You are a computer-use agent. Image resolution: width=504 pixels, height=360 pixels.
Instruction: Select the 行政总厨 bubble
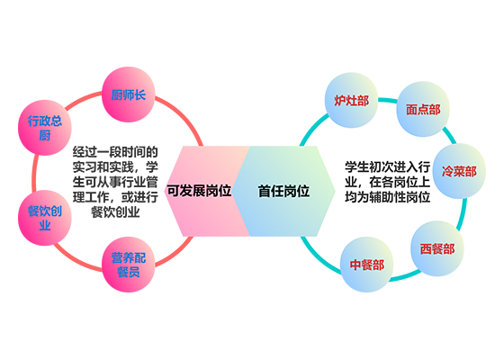45,128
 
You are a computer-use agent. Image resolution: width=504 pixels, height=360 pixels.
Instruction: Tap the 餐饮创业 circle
45,217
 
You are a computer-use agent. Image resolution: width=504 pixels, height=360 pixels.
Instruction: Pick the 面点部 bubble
423,110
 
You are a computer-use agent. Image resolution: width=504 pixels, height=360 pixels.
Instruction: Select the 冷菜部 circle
458,171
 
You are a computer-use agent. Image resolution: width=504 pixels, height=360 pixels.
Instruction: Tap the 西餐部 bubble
436,247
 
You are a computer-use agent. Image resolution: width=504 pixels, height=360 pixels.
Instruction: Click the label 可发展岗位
199,191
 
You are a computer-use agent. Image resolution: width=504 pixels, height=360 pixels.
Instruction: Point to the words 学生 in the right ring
358,168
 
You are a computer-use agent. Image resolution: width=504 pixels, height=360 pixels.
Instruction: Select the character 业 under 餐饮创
45,224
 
